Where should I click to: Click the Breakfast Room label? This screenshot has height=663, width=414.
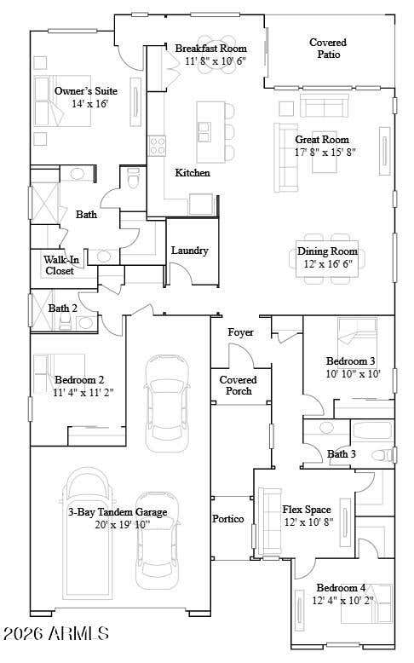coord(210,49)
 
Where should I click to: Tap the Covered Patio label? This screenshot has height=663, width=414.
coord(328,49)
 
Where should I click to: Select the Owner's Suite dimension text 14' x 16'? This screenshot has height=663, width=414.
coord(90,103)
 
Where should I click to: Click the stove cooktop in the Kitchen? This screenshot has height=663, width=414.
coord(158,146)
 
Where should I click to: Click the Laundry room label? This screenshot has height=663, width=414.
coord(189,251)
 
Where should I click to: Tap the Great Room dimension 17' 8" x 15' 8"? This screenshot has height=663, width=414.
coord(325,153)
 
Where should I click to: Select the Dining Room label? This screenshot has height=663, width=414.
coord(327,251)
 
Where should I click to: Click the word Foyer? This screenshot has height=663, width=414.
coord(240,332)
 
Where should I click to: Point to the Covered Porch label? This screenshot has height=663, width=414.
coord(238,385)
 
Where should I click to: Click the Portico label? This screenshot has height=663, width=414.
coord(228,518)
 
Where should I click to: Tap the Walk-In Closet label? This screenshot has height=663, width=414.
coord(60,265)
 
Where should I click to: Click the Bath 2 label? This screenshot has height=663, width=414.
coord(62,308)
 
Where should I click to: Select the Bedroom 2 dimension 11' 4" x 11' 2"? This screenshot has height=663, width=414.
coord(83,392)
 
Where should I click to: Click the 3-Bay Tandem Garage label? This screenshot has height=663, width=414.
coord(118,512)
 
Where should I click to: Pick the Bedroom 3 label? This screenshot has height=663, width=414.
coord(351,361)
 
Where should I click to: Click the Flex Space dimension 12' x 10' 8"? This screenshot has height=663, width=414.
coord(308,522)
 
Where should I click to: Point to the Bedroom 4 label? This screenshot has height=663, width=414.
coord(341,588)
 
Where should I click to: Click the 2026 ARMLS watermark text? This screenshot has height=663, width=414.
coord(56,633)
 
